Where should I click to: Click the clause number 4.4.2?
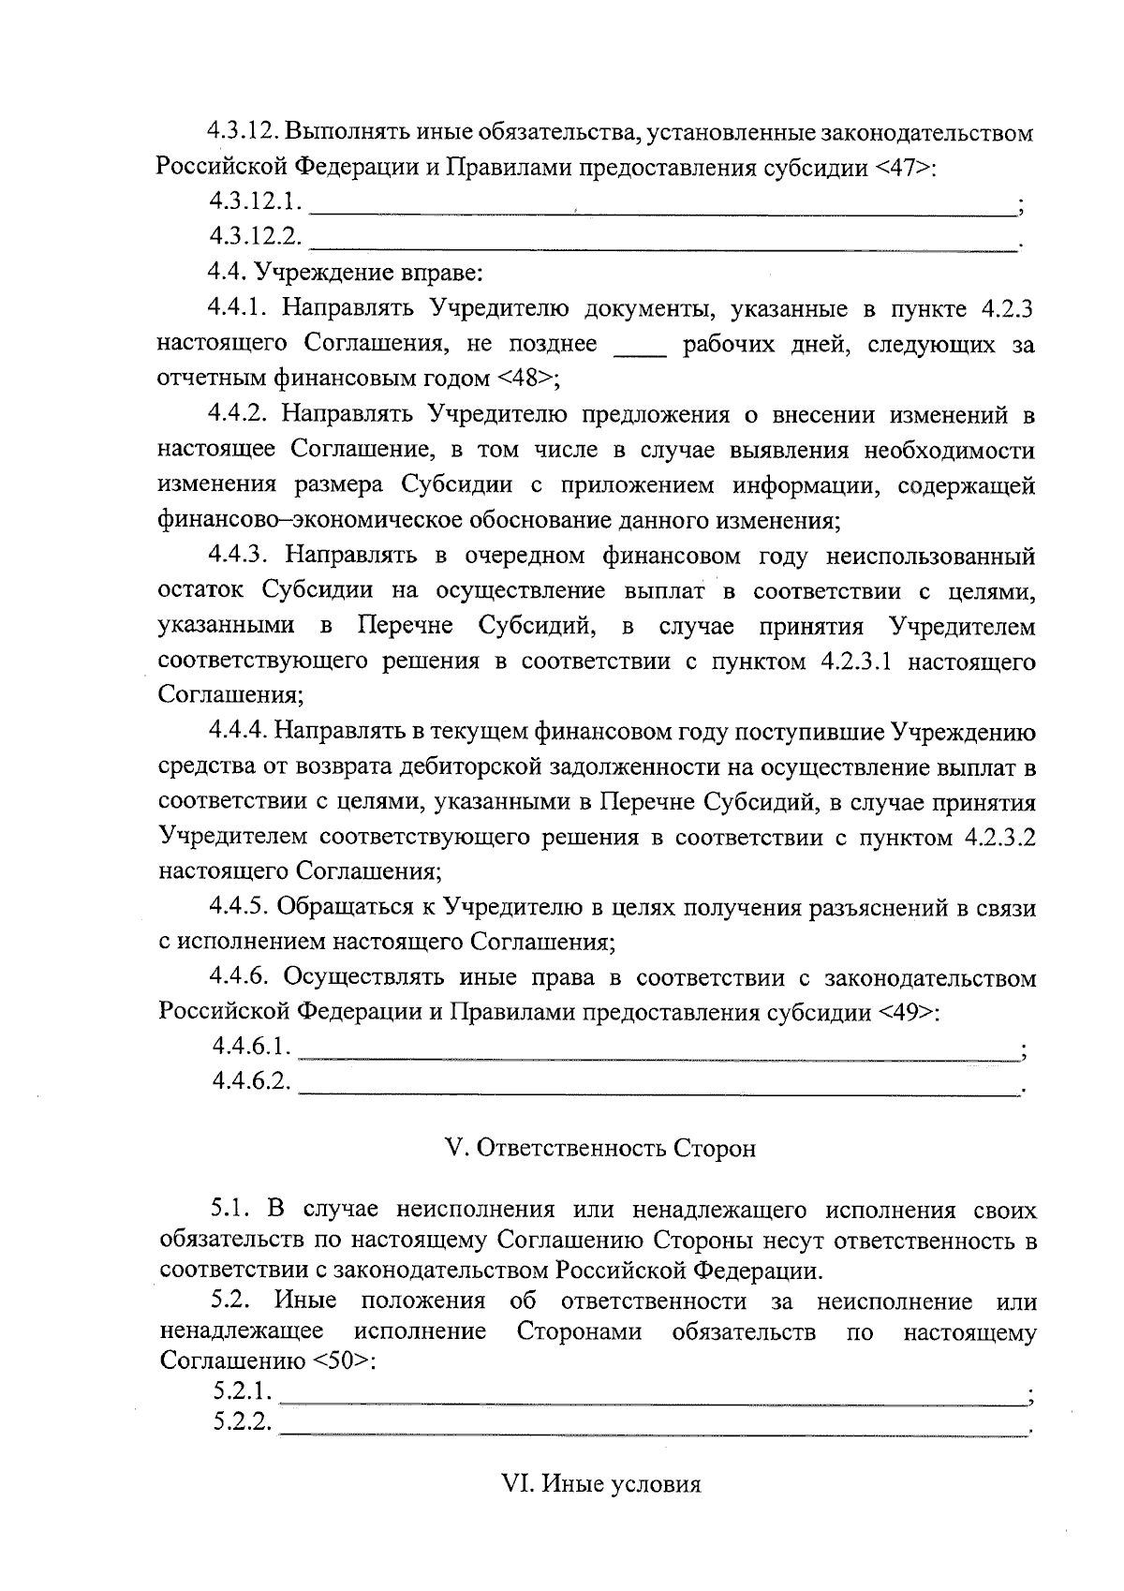point(239,414)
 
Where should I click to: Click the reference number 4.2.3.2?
point(998,837)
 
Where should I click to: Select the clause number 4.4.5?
point(239,907)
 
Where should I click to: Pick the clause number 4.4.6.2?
point(251,1082)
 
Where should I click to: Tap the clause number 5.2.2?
point(242,1425)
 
